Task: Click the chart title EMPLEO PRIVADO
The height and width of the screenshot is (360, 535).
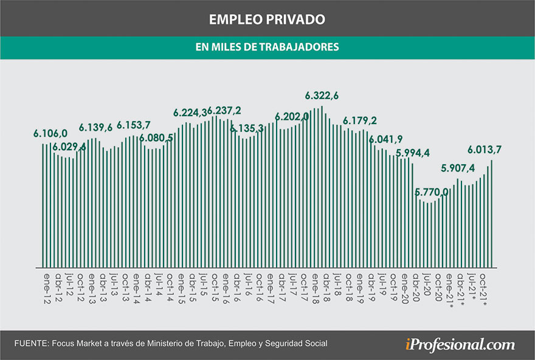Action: click(x=267, y=19)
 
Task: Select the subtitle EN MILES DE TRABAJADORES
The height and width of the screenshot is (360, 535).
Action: click(x=267, y=47)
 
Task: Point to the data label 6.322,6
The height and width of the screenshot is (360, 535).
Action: click(x=322, y=95)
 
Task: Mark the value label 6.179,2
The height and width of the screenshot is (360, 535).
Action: click(x=360, y=120)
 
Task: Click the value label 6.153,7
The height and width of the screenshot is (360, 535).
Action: click(x=134, y=125)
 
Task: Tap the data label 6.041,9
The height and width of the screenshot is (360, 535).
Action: click(x=385, y=138)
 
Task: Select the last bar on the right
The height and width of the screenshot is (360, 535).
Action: click(x=491, y=213)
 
